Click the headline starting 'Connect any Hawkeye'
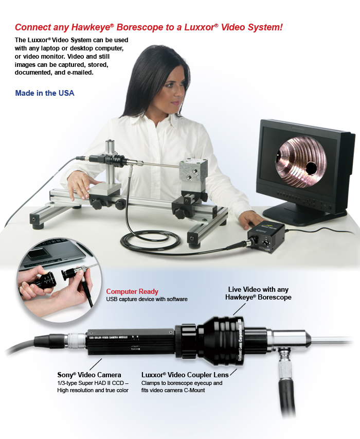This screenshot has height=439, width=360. click(149, 27)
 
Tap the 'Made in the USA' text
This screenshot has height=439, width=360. click(45, 93)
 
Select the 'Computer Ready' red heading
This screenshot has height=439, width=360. click(132, 292)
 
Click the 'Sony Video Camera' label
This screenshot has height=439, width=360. click(89, 375)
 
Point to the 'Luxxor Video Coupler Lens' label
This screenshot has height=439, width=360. click(185, 375)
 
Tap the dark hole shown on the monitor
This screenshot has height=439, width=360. click(310, 168)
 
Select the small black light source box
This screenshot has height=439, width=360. click(264, 238)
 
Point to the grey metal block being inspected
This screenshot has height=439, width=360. click(193, 175)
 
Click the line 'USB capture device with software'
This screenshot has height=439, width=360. click(147, 299)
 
